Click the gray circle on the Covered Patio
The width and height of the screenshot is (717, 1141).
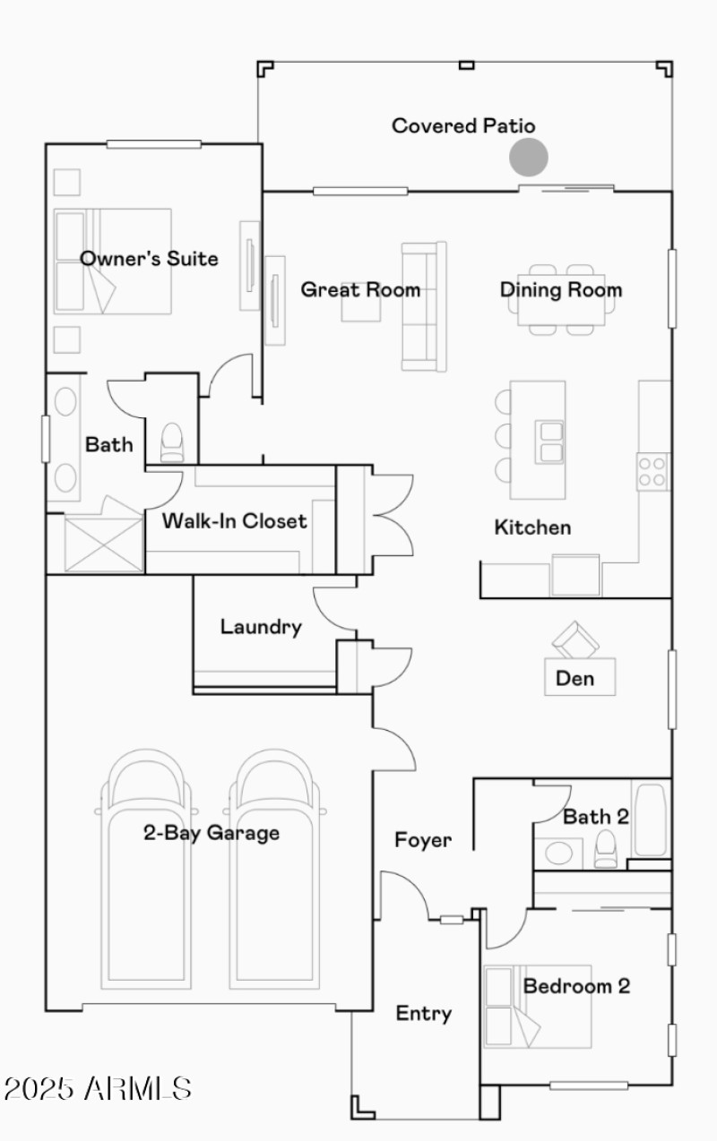(529, 157)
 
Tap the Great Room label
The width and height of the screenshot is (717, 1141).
(359, 289)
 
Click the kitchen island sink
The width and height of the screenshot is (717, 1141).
(549, 442)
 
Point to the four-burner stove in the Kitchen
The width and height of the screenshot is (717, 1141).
(652, 471)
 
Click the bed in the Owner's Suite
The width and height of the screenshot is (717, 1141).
(113, 262)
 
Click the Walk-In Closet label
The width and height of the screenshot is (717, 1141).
(234, 520)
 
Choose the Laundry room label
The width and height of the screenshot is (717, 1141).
(261, 626)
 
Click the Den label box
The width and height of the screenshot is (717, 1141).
(580, 678)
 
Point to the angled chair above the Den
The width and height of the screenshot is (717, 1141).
(574, 639)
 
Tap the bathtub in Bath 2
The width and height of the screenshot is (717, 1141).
(649, 820)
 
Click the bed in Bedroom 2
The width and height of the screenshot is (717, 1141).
(538, 1006)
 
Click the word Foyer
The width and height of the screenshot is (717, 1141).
(423, 840)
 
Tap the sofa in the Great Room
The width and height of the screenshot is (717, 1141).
(423, 306)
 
